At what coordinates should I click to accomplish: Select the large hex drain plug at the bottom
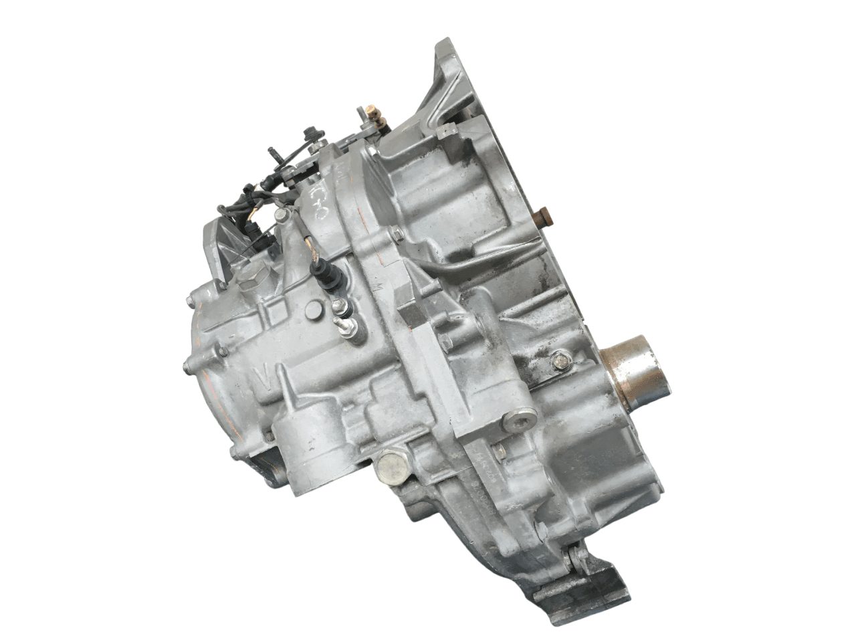click(388, 467)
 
